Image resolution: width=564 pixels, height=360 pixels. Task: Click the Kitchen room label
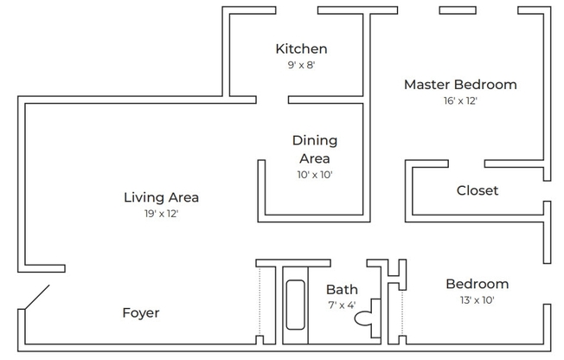click(301, 49)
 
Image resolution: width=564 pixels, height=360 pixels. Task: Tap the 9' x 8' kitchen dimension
click(301, 65)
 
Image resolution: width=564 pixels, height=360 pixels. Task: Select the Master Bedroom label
click(460, 85)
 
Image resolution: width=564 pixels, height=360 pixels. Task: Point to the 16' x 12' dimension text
click(460, 100)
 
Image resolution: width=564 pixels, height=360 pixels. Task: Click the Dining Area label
click(314, 149)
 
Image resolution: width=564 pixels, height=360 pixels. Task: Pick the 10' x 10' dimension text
click(314, 174)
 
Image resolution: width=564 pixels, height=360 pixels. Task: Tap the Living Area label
click(162, 197)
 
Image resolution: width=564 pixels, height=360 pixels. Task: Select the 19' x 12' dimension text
click(162, 213)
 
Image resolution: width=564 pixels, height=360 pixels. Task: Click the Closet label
click(477, 190)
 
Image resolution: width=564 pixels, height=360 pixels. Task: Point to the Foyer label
click(140, 312)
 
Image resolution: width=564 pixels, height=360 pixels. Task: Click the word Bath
click(342, 289)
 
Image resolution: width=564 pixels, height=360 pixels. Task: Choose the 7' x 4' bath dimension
click(341, 305)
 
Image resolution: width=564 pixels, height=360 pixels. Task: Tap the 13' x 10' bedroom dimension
click(477, 300)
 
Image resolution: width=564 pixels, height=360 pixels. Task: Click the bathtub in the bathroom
click(297, 305)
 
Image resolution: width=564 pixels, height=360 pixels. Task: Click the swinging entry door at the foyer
click(35, 299)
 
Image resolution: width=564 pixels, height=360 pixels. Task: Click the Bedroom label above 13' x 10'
click(477, 284)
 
